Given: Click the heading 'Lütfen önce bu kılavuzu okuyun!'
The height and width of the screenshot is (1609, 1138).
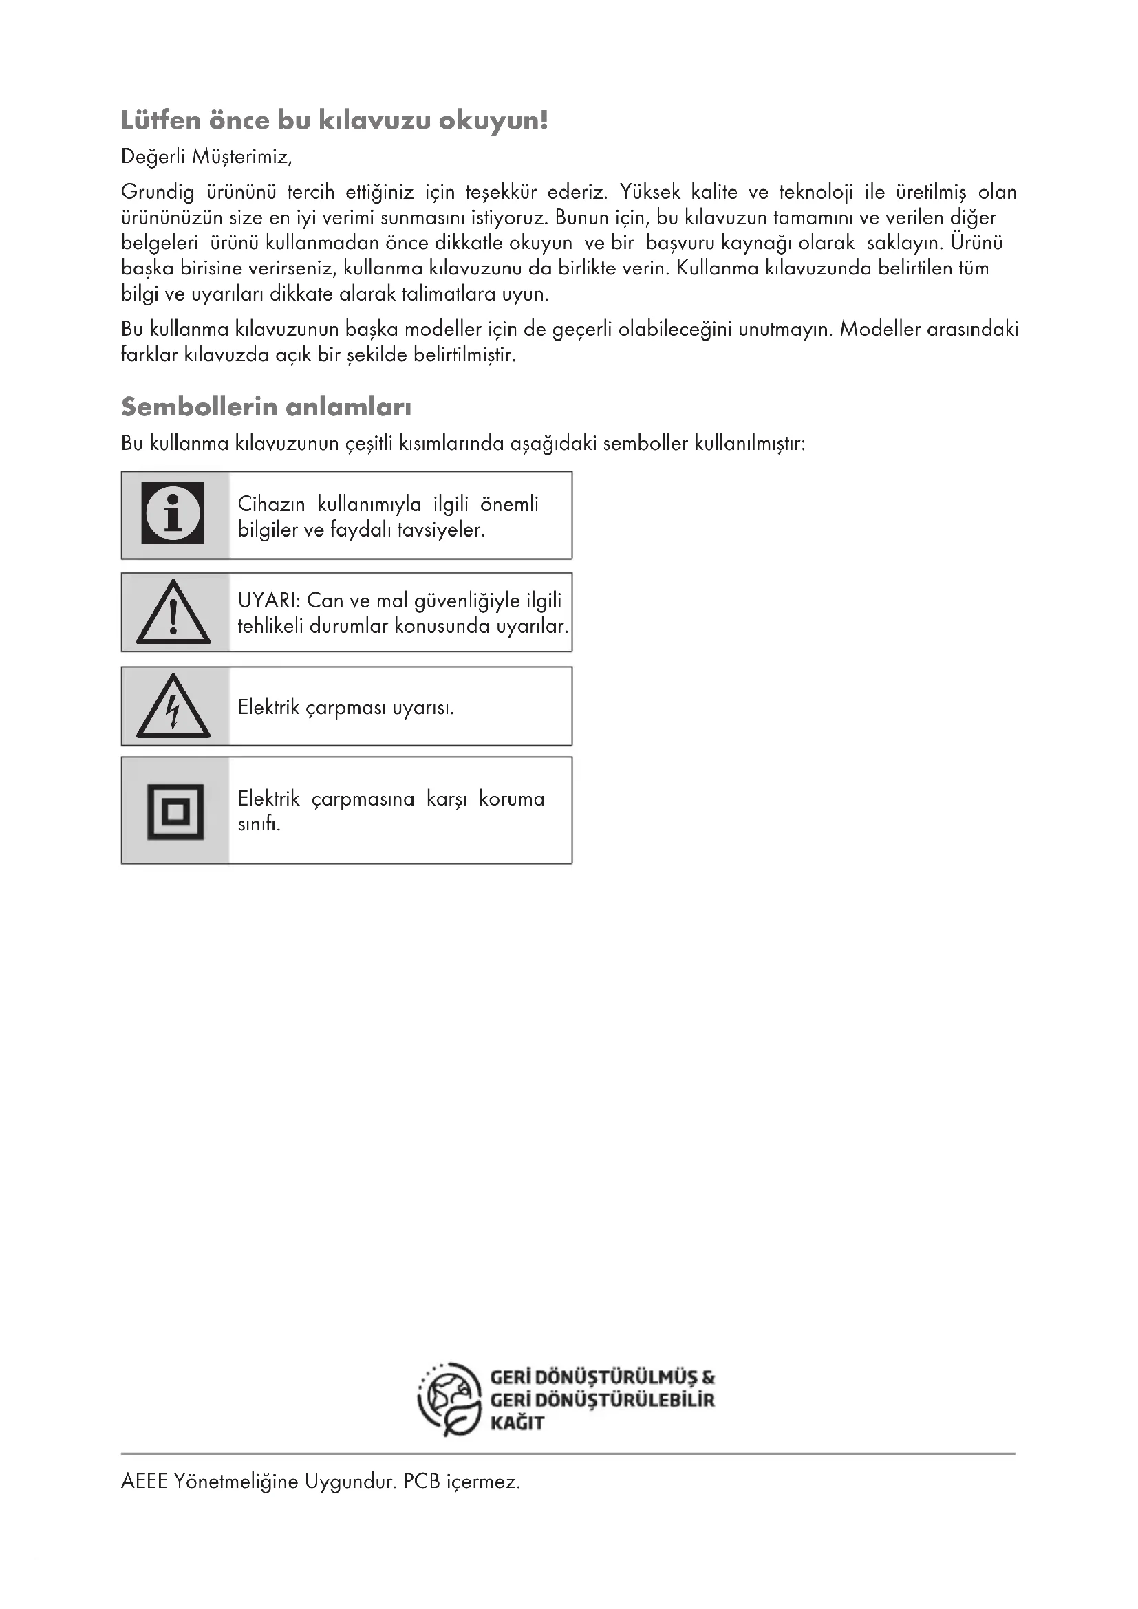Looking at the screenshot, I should tap(334, 120).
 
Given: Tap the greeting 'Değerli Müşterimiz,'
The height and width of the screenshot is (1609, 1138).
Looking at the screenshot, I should tap(206, 156).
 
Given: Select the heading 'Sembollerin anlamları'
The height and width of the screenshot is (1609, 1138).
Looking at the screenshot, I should tap(266, 407).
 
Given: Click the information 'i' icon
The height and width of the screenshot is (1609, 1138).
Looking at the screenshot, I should tap(173, 513).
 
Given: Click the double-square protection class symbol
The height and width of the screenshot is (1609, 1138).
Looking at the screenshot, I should tap(175, 812).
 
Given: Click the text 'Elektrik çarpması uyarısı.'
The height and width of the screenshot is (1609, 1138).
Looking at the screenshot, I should tap(345, 707).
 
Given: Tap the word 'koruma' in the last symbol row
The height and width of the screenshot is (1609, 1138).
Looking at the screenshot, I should tap(511, 799).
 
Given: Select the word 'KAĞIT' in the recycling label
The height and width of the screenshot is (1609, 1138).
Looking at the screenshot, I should tap(517, 1423).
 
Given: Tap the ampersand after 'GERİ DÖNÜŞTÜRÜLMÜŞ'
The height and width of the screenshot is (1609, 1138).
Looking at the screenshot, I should tap(708, 1378).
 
